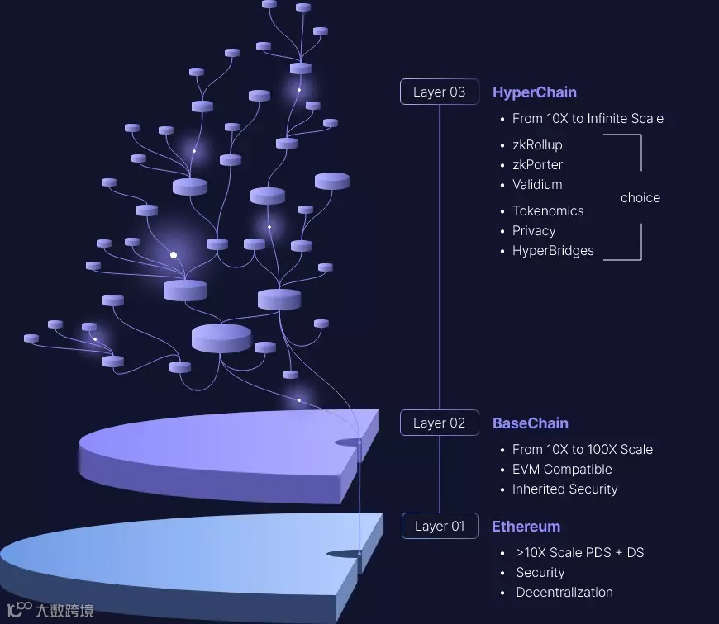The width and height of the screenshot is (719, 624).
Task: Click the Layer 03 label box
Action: coord(439,92)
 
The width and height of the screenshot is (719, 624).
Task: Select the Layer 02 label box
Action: coord(439,423)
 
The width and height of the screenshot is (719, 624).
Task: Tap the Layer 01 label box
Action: coord(440,526)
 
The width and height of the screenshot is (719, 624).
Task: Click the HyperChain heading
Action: coord(534,92)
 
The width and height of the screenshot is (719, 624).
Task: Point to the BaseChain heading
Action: coord(530,423)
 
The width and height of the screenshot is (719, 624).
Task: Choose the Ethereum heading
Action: coord(526,527)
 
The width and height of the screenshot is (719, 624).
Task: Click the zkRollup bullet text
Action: coord(537,145)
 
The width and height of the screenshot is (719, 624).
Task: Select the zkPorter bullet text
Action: coord(537,165)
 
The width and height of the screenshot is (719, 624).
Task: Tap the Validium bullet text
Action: coord(537,185)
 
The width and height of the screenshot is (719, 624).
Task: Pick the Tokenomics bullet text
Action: coord(548,211)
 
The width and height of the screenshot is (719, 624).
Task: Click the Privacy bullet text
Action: coord(534,231)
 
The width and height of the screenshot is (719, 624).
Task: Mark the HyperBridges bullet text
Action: coord(553,251)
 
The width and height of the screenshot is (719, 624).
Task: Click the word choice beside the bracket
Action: coord(640,198)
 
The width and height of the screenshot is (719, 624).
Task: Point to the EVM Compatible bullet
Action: coord(562,470)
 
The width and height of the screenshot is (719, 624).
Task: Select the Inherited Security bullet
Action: coord(564,489)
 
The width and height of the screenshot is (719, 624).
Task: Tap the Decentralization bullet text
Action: coord(564,593)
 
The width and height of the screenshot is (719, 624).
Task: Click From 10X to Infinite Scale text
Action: coord(588,119)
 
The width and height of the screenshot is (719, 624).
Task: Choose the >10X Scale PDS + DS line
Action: coord(579,553)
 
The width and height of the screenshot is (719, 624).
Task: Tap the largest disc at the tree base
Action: coord(221,337)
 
